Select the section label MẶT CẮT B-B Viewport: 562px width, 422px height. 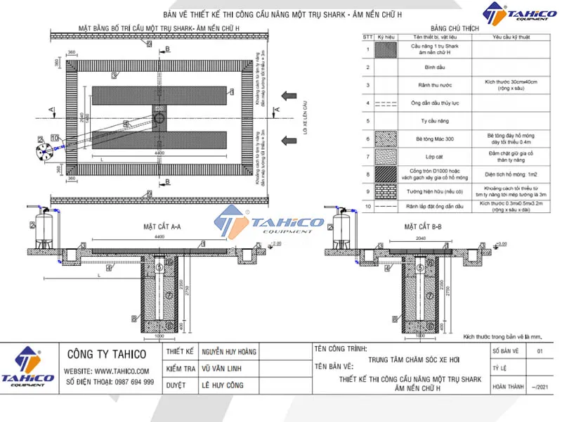[421, 227]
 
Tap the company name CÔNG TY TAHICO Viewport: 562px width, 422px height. [105, 354]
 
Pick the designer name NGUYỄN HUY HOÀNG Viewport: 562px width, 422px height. [228, 352]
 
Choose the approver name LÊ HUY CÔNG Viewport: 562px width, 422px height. [221, 385]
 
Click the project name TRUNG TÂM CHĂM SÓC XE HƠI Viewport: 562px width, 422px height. [409, 358]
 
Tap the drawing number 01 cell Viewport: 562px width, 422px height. [540, 350]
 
